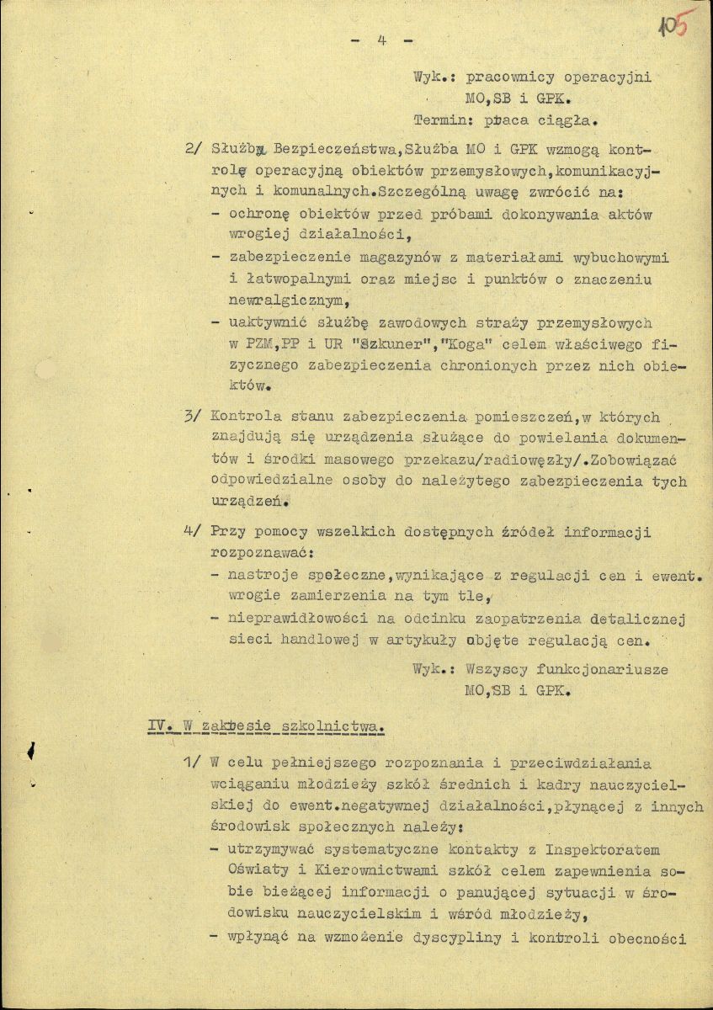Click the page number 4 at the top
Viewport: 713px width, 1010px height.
pyautogui.click(x=381, y=40)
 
